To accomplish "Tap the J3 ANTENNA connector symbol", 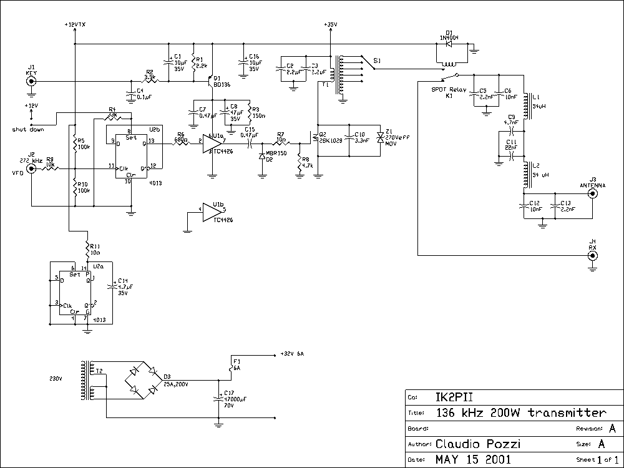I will tap(592, 193).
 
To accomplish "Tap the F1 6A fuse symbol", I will tap(231, 368).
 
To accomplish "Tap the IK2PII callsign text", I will tap(453, 397).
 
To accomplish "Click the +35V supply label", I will tap(330, 24).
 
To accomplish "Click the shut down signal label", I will tap(27, 130).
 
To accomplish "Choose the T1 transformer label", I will tap(325, 86).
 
